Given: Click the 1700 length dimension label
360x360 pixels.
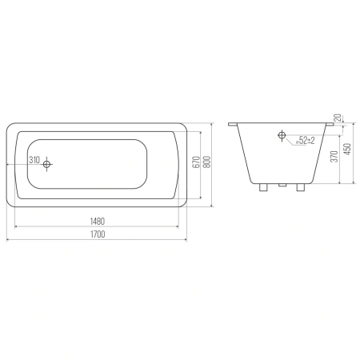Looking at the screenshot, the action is (x=98, y=234).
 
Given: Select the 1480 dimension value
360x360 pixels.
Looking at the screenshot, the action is (x=98, y=222).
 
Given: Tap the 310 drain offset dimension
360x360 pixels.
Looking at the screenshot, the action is (x=34, y=160).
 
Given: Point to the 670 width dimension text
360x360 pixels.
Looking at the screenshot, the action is (x=196, y=162).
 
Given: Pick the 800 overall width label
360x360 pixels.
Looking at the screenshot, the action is (x=207, y=162).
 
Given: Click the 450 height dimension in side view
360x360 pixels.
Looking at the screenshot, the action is (x=348, y=150).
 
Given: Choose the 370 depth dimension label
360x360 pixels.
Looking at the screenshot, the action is (x=334, y=157).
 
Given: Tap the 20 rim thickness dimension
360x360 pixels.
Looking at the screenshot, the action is (x=338, y=118).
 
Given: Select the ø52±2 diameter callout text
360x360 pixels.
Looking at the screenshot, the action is (x=306, y=140).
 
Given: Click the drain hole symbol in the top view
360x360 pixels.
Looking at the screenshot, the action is (x=47, y=164).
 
